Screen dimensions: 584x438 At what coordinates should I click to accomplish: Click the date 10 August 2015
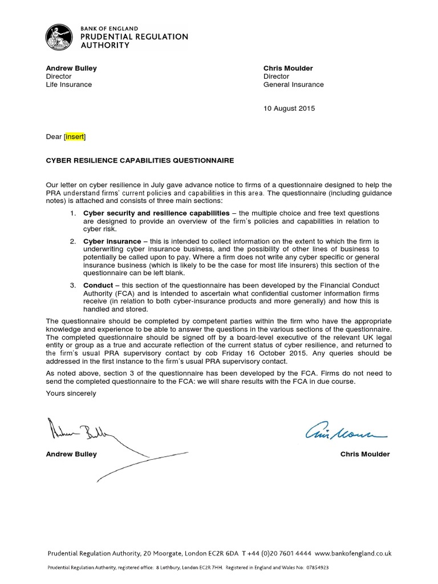point(289,108)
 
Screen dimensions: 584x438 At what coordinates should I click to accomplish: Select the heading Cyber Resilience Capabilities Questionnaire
point(140,161)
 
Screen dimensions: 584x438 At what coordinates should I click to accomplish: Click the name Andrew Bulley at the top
point(71,68)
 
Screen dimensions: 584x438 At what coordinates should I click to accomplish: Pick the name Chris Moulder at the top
point(288,68)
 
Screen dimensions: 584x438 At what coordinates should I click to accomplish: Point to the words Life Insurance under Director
point(68,84)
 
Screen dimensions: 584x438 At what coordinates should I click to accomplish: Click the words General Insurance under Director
point(293,84)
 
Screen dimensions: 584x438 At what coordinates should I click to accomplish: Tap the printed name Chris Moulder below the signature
point(364,455)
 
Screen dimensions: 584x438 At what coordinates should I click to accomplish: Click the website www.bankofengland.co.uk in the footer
point(352,553)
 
